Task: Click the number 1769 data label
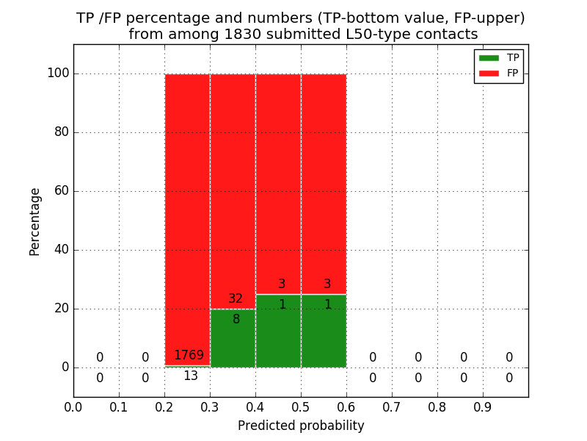[x=189, y=356]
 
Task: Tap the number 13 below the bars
[x=191, y=376]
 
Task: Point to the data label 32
[x=236, y=299]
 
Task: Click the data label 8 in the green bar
[x=236, y=320]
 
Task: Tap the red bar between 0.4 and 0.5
[x=278, y=176]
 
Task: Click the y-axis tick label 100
[x=58, y=73]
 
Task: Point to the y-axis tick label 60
[x=62, y=191]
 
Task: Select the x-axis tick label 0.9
[x=483, y=406]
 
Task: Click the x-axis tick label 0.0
[x=73, y=406]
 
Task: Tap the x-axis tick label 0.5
[x=301, y=406]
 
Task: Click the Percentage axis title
[x=35, y=221]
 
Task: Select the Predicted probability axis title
[x=301, y=426]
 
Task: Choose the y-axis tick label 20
[x=62, y=309]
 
